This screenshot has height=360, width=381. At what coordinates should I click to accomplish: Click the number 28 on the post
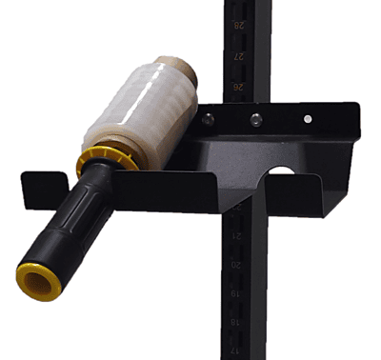pos(239,27)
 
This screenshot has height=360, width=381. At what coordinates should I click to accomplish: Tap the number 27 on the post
pos(239,56)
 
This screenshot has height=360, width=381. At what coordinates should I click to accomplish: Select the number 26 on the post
pos(239,86)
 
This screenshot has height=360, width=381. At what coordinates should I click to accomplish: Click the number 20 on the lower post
pos(237,265)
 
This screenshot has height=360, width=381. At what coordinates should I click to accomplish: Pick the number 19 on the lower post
pos(237,294)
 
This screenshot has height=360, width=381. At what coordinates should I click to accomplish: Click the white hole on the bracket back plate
pos(307,119)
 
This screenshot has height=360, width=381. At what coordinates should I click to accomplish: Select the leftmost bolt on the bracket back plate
pos(207,119)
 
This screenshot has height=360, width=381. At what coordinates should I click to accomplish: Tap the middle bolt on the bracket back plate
pos(254,119)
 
